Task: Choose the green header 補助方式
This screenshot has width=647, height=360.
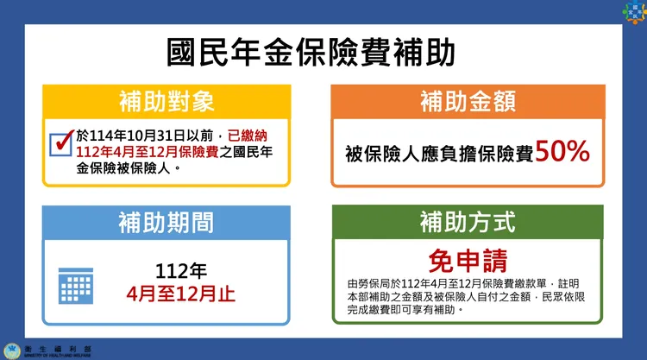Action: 468,223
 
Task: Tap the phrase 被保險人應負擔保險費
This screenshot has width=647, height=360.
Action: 439,155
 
